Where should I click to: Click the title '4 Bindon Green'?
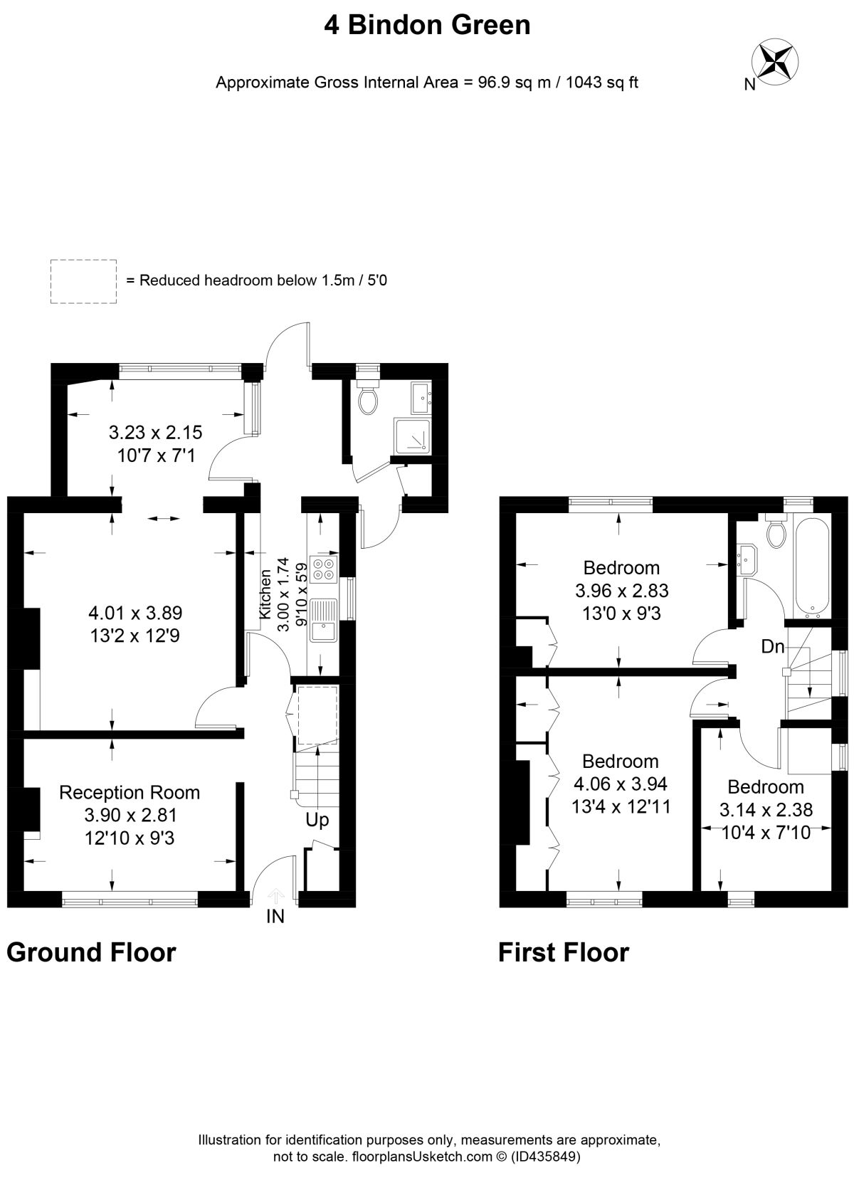coord(427,25)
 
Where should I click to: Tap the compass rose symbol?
coord(775,62)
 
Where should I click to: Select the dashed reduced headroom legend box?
coord(83,281)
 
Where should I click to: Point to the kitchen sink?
coord(324,620)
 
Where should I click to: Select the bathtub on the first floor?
coord(809,567)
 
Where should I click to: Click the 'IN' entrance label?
coord(275,916)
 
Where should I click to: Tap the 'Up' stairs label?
coord(317,820)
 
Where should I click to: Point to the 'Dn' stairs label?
coord(773,646)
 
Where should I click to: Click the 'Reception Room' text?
coord(130,792)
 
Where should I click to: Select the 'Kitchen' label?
coord(265,594)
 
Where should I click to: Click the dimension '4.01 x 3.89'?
coord(135,613)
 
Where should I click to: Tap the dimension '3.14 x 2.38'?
coord(766,809)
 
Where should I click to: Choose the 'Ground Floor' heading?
coord(91,952)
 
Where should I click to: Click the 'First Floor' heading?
coord(564,952)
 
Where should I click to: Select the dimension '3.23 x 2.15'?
coord(156,432)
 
